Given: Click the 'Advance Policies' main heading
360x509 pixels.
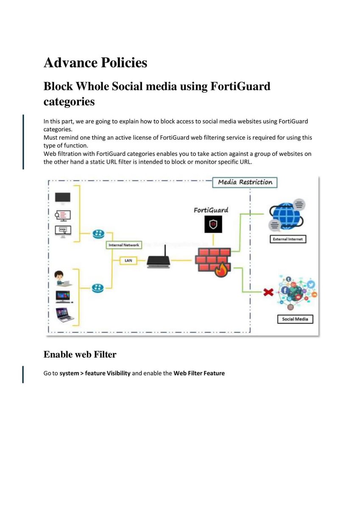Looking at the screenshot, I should [x=95, y=63].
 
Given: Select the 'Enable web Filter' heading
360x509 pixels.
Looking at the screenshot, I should [x=80, y=354].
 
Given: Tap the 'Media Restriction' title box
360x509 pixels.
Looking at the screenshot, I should [x=245, y=182].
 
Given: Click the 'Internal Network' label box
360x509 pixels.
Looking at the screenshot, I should [x=124, y=245].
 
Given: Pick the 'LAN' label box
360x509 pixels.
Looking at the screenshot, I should [x=128, y=261].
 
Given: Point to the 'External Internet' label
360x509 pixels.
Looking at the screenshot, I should [x=287, y=239].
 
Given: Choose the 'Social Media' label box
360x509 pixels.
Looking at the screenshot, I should [x=295, y=319].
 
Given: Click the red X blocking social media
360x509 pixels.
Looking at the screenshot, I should [x=268, y=292].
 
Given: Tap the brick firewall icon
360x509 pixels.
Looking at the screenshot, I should [x=212, y=260].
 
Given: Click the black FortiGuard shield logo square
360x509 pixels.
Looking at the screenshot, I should [x=213, y=224].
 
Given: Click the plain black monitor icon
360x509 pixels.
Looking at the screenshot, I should [x=63, y=198].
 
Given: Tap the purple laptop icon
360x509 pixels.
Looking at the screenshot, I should [x=65, y=314].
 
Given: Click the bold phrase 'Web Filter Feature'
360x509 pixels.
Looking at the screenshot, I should [x=199, y=374].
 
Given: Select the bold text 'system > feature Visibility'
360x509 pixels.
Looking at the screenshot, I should [x=95, y=374].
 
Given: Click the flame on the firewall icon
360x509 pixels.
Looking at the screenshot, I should [x=221, y=270].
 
